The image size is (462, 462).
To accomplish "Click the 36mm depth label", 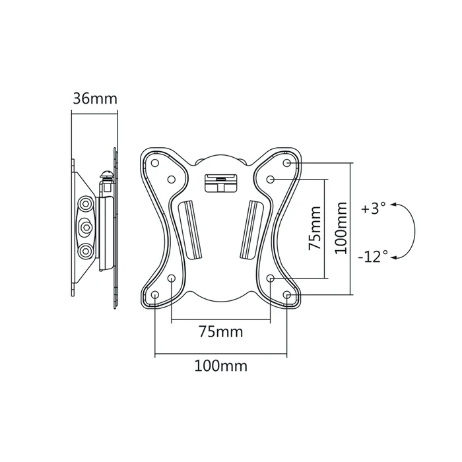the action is click(95, 98).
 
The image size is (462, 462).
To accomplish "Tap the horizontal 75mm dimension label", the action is click(220, 332).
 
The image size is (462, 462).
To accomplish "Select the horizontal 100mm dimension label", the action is click(220, 366).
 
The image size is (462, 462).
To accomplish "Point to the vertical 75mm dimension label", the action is click(314, 228).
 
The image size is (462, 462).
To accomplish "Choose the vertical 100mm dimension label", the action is click(341, 228).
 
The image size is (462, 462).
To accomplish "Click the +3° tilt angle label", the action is click(374, 209).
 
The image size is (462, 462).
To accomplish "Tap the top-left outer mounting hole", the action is click(155, 162).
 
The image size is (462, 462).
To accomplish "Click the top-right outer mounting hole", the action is click(286, 162).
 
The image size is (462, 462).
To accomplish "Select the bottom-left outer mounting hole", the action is click(155, 294).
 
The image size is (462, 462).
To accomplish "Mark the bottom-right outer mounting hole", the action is click(286, 294).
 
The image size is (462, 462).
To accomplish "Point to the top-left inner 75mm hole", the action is click(172, 179).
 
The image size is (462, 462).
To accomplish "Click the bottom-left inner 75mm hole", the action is click(172, 278).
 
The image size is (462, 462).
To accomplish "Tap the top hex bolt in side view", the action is click(86, 203).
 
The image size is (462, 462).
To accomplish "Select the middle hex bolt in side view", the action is click(86, 226).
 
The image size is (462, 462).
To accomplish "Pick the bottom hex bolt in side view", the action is click(86, 250).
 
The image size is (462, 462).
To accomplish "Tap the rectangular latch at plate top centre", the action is click(220, 183).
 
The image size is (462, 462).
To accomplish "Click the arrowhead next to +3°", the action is click(393, 205).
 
